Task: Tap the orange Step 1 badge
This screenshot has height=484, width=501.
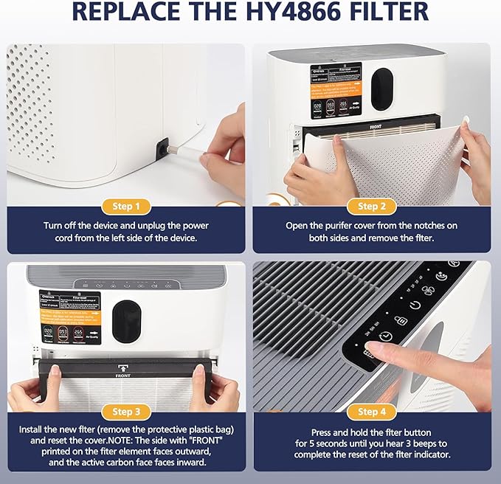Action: pos(126,207)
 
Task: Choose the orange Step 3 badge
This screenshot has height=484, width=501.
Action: pos(126,411)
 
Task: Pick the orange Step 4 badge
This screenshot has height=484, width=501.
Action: pos(372,411)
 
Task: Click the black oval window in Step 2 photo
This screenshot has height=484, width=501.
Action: pos(381,89)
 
